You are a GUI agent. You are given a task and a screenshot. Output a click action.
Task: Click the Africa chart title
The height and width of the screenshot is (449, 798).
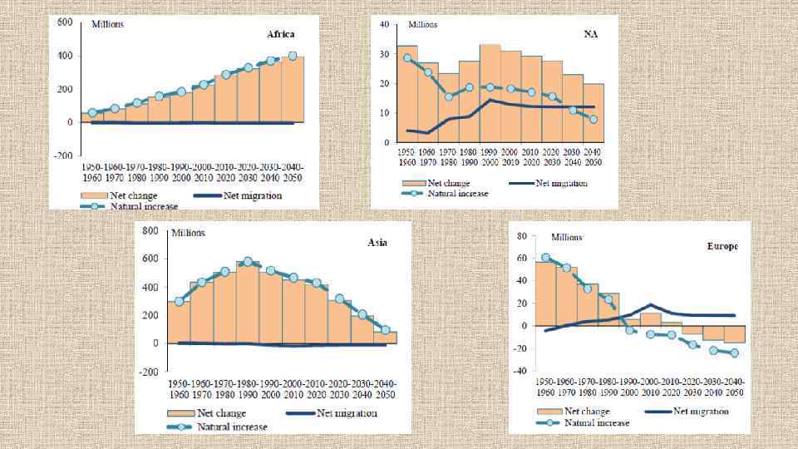click(281, 35)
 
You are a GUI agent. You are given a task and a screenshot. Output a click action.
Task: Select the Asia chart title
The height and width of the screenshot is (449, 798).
click(377, 243)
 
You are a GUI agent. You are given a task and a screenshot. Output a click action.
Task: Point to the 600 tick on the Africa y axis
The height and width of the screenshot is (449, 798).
click(64, 22)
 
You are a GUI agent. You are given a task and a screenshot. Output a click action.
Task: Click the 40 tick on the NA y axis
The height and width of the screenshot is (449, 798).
click(384, 25)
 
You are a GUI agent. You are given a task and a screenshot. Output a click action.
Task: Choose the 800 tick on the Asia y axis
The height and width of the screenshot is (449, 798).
click(150, 230)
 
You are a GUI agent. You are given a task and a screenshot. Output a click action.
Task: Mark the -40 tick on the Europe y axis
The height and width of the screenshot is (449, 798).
click(522, 371)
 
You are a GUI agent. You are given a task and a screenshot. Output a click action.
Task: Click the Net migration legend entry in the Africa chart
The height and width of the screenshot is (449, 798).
click(249, 196)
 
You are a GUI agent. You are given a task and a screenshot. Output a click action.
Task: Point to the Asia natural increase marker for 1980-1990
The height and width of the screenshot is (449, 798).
click(248, 262)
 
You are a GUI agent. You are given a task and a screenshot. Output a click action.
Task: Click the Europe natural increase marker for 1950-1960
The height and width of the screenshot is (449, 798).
click(545, 258)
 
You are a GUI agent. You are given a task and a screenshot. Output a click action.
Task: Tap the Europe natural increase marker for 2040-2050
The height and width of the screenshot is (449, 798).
click(734, 353)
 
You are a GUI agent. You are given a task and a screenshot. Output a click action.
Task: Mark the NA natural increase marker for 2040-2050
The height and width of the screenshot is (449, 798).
click(593, 119)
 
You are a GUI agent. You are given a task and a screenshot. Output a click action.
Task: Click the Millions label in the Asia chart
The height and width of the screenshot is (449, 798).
click(194, 232)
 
